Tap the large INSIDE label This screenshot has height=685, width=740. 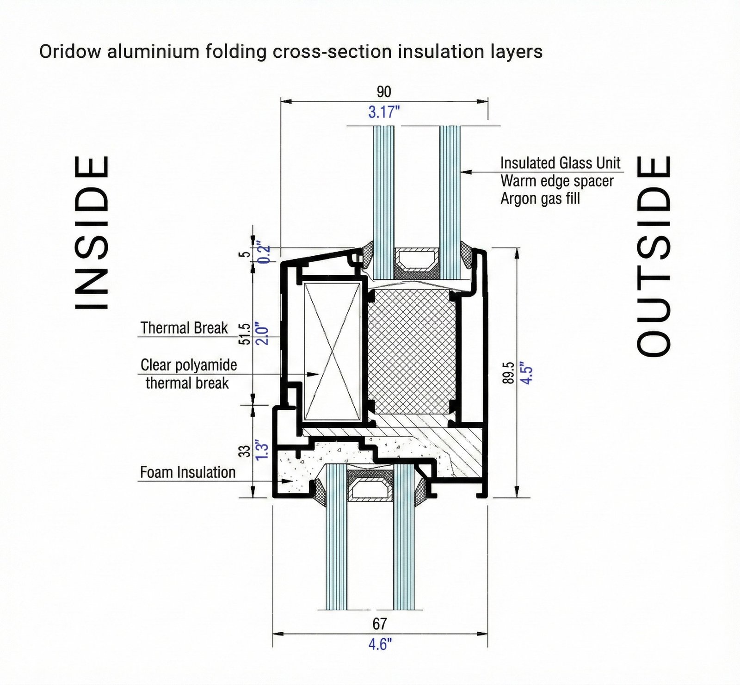pos(92,232)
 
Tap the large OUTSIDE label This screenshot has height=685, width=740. pos(654,256)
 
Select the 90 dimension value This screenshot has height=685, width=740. pos(384,92)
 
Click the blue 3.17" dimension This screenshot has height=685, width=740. pos(384,112)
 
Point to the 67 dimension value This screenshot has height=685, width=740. pos(379,624)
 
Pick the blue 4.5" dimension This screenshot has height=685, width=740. pos(526,372)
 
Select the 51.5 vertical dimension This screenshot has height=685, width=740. pos(245,334)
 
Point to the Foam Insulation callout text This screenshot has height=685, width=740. pos(188,472)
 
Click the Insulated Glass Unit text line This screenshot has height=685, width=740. pos(560,163)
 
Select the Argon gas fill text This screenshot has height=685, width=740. pos(540,199)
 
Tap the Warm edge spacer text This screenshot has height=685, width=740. pos(557,181)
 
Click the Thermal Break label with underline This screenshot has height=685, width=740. pos(184,328)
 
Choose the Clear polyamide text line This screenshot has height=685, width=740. pos(189,365)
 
